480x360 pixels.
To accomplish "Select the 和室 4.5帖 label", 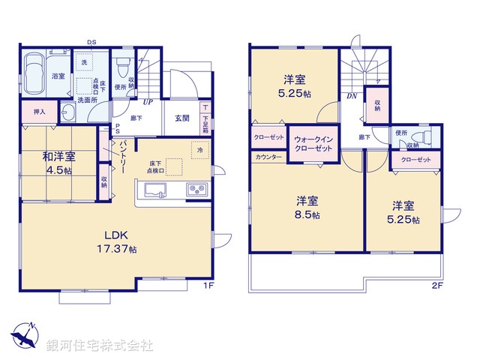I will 57,163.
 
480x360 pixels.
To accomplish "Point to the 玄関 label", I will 182,118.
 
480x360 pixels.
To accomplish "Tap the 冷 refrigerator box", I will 200,150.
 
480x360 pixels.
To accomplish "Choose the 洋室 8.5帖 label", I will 307,207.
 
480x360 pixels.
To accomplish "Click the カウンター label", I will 268,157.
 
